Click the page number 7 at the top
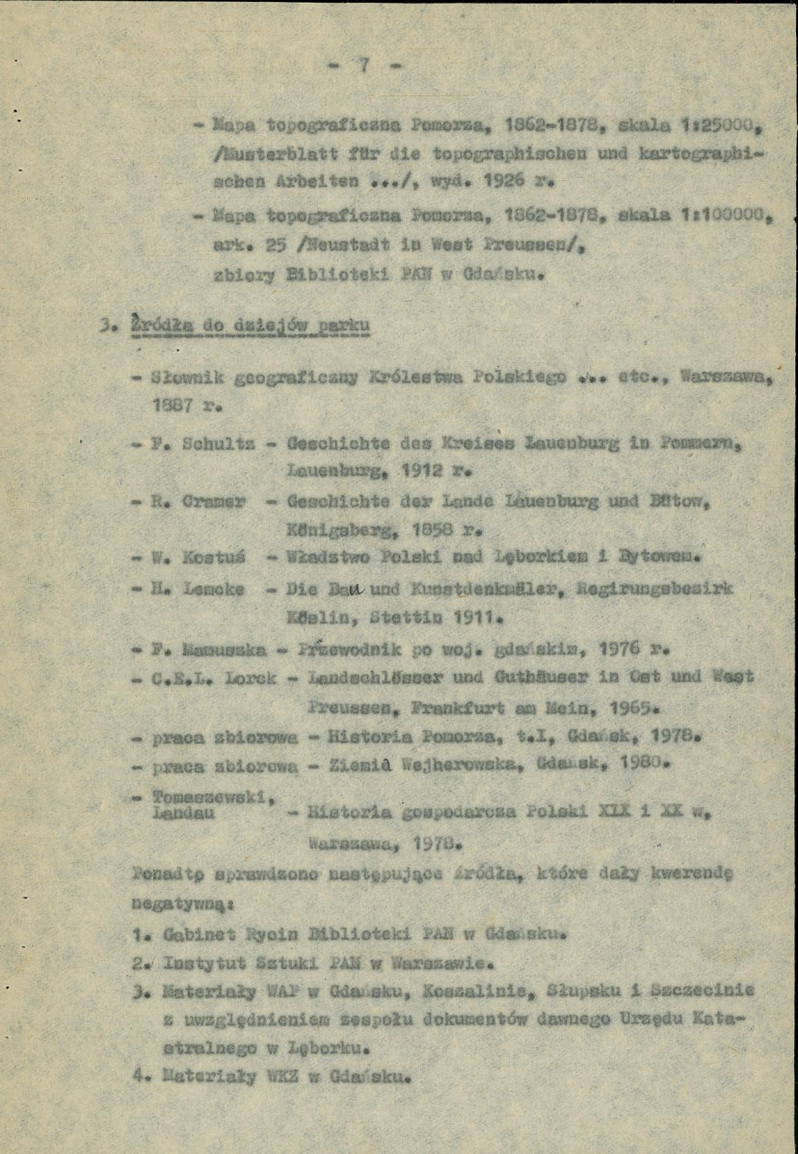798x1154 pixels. (364, 66)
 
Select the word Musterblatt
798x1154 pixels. (237, 153)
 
